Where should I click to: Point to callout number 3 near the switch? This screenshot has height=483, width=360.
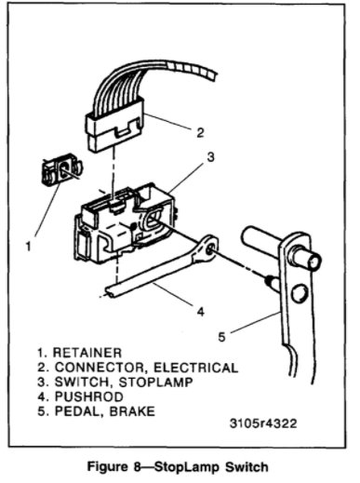pos(211,158)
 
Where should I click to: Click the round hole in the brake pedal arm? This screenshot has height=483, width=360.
pos(300,296)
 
